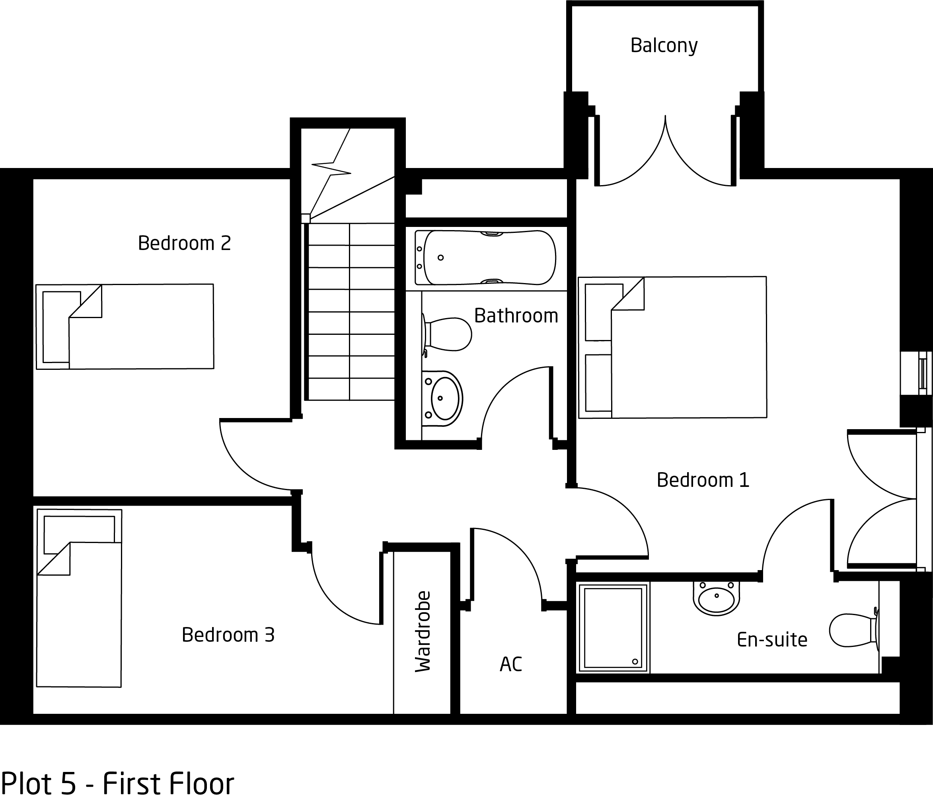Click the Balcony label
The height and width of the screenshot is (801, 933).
(x=664, y=45)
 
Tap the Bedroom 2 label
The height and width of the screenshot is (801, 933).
(x=184, y=243)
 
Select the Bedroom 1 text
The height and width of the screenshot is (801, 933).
(x=703, y=480)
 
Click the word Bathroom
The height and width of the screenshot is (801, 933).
(x=516, y=316)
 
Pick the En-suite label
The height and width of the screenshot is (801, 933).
(x=772, y=640)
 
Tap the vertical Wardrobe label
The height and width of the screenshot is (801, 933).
(x=423, y=632)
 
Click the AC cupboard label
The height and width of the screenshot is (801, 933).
(x=510, y=664)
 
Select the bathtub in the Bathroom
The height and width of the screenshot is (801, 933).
(x=485, y=258)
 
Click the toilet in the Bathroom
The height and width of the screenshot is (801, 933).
(x=447, y=334)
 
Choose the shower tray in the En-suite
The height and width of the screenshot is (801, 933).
(x=613, y=628)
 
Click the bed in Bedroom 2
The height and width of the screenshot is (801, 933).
(x=125, y=326)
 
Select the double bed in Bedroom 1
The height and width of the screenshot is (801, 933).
(x=672, y=347)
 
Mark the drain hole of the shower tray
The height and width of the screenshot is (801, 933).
(x=635, y=662)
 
